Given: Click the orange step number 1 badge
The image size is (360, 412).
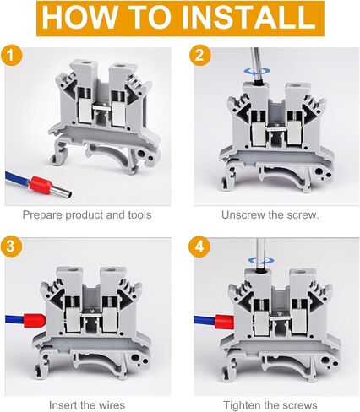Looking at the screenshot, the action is (x=10, y=55).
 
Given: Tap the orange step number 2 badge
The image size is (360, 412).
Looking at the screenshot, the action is (x=199, y=55).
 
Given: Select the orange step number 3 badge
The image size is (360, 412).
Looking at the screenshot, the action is (x=10, y=247).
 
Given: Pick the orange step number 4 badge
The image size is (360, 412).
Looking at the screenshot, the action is (x=199, y=247).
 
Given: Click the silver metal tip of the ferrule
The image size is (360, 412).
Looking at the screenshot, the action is (x=63, y=192).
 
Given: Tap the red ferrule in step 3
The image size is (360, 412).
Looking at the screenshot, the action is (x=35, y=320).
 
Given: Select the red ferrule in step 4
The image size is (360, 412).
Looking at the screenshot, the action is (x=225, y=322).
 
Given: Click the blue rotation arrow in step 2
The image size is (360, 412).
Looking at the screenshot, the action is (x=257, y=72).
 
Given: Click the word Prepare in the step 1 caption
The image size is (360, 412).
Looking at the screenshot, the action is (x=42, y=215).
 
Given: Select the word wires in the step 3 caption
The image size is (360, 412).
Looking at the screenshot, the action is (x=110, y=405).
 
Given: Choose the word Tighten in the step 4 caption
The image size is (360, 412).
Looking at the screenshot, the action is (x=242, y=405).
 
